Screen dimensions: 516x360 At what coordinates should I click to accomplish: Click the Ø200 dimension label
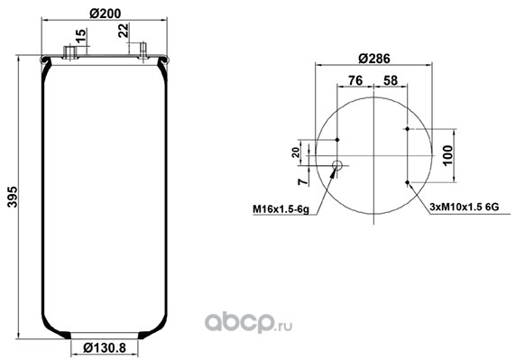tap(105, 14)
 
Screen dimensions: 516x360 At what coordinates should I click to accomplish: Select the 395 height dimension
tap(13, 197)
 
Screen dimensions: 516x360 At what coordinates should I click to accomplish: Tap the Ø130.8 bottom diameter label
tap(105, 347)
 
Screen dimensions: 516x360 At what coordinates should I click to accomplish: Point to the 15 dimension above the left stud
tap(80, 36)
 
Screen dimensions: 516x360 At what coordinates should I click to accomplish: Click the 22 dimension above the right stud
tap(124, 32)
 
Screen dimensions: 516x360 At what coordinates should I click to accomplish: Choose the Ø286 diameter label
tap(374, 59)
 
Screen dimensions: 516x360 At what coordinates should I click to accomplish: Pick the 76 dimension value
tap(355, 80)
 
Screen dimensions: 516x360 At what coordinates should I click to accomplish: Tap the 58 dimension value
tap(391, 80)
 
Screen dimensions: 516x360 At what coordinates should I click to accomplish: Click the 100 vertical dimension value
tap(447, 155)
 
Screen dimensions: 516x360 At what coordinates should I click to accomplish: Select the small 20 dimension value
tap(296, 152)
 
